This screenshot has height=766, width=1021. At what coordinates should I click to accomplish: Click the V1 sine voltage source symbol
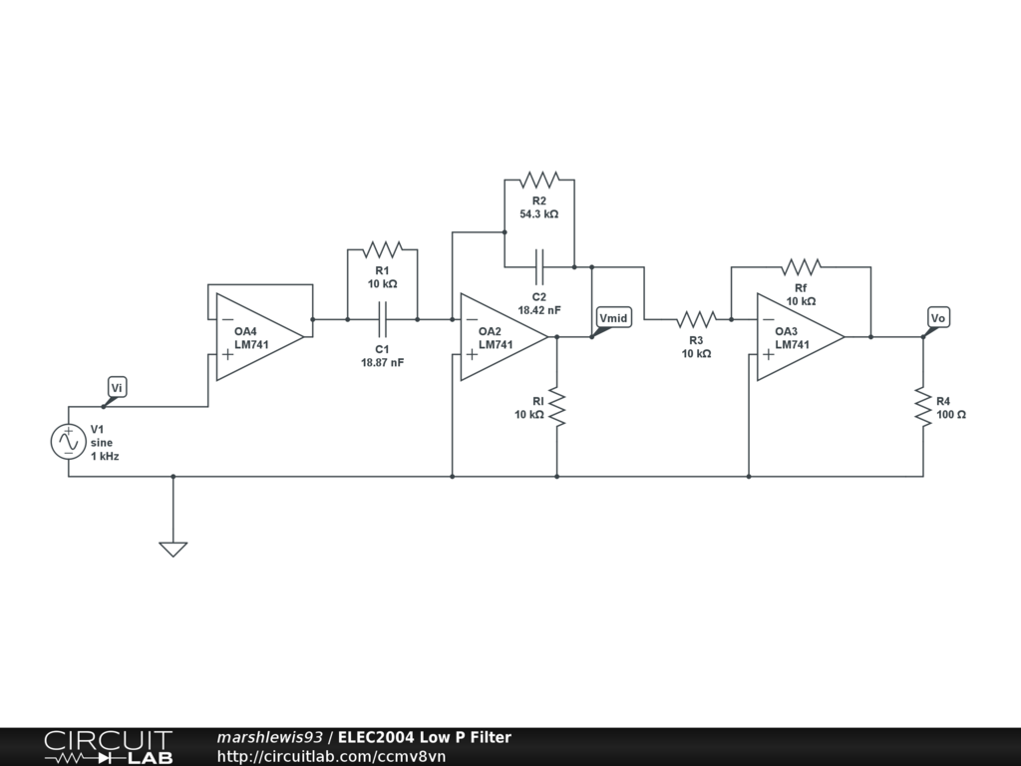69,441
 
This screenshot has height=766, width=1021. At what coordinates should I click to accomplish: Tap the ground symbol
172,549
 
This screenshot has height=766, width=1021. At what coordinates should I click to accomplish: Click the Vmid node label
613,318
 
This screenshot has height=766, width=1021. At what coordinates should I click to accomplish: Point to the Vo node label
937,317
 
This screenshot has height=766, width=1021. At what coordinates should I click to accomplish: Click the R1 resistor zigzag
382,249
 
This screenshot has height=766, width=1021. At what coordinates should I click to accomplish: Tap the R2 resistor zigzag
538,180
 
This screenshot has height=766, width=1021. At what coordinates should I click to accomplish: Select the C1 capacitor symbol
382,319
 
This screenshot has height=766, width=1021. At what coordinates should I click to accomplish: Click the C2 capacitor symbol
539,266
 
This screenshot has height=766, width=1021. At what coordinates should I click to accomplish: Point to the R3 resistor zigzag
697,319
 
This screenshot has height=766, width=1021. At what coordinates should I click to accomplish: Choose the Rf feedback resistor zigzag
801,266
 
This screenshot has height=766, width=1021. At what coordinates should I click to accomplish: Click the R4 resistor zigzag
922,407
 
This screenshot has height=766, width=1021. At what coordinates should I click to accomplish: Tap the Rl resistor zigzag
556,407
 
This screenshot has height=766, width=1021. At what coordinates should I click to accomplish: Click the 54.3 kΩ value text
538,214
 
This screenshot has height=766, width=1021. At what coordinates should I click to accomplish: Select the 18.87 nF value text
382,363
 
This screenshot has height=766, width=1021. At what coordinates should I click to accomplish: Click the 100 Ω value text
951,414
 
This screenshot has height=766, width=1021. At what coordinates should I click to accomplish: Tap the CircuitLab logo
108,747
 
